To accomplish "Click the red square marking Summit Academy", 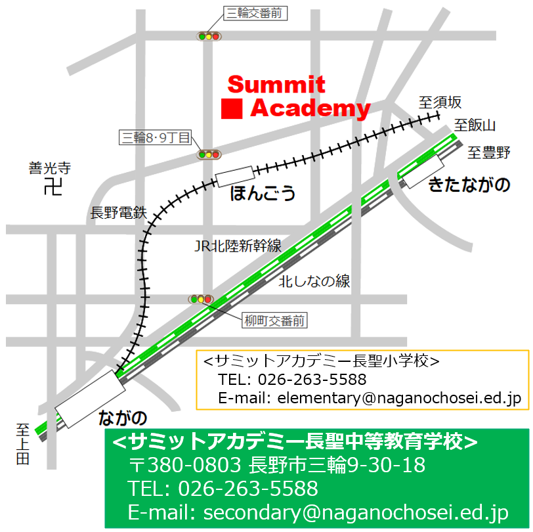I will click(232, 108).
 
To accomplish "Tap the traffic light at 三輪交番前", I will click(210, 36).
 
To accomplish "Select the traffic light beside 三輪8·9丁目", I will click(209, 155).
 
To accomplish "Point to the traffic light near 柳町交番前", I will click(201, 299).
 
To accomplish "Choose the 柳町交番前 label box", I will click(275, 321).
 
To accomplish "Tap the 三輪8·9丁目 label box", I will click(155, 137).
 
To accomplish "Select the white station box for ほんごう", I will click(235, 176).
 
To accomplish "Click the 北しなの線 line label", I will click(314, 282).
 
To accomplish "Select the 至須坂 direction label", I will click(440, 102).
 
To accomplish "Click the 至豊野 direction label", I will click(489, 153).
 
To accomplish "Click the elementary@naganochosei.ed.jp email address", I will click(399, 397).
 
